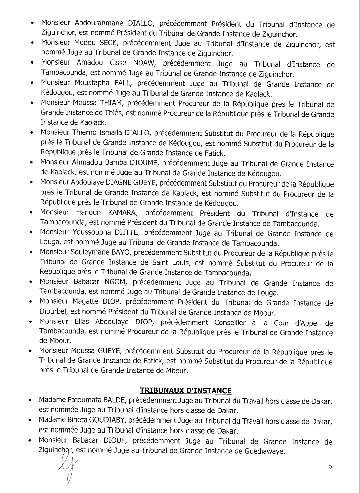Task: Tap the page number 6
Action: (x=330, y=467)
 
